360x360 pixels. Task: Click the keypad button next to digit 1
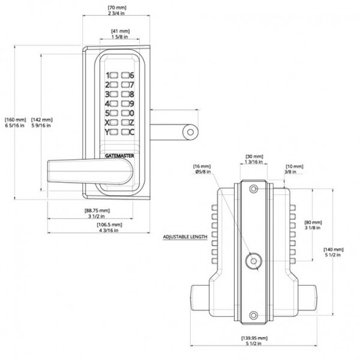[114, 76]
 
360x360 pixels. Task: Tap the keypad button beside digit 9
[125, 104]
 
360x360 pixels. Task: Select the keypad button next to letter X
[114, 122]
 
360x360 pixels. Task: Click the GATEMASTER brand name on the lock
[120, 156]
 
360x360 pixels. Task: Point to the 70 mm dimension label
[117, 11]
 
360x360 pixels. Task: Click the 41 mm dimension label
[120, 34]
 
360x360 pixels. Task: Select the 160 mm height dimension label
[15, 122]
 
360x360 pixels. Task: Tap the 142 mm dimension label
[42, 122]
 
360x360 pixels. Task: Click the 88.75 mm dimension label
[97, 213]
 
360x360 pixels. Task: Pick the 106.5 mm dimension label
[109, 228]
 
